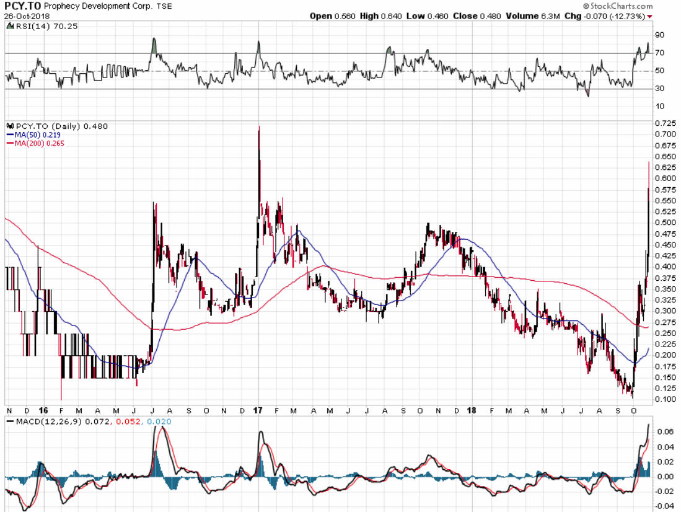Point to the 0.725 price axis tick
tap(666, 123)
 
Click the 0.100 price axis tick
tap(666, 399)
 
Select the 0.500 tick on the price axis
tap(666, 223)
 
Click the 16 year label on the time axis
tap(43, 411)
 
